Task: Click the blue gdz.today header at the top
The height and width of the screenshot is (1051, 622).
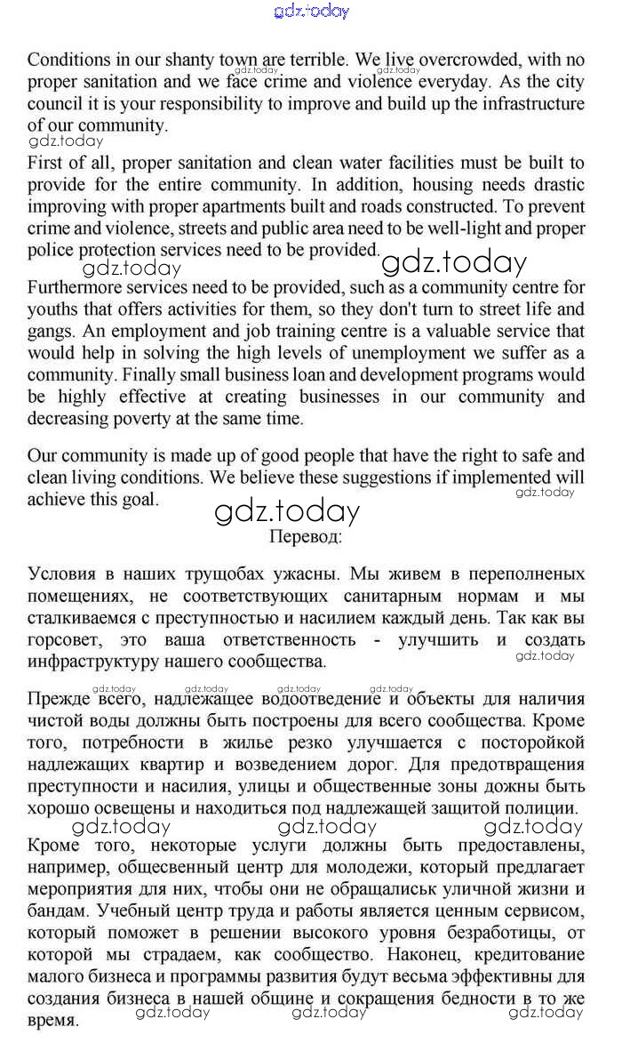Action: [312, 11]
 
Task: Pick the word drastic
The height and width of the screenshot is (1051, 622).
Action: [556, 185]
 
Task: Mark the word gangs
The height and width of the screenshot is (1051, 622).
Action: [52, 332]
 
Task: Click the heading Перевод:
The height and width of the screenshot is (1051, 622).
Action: [305, 536]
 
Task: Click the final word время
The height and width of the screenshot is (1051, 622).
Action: [52, 1021]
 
